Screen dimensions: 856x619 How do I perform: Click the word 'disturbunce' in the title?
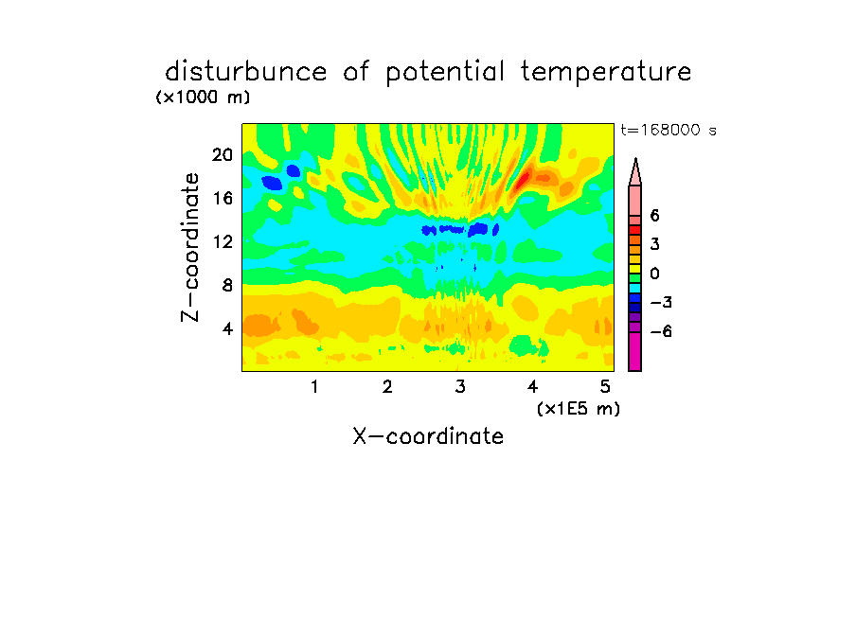tap(245, 72)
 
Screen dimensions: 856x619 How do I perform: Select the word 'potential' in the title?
tap(445, 73)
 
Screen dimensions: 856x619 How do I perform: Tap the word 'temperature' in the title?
tap(606, 72)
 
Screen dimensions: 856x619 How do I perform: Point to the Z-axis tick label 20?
tap(223, 155)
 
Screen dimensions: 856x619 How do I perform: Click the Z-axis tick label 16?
tap(223, 198)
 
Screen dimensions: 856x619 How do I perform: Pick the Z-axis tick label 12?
tap(223, 241)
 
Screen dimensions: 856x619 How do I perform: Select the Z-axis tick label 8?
tap(227, 285)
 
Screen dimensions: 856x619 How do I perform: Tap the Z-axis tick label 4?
tap(227, 328)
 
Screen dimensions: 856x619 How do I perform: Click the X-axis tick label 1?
tap(314, 387)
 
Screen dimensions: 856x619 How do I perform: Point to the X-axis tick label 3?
tap(460, 387)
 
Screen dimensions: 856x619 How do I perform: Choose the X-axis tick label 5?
tap(605, 387)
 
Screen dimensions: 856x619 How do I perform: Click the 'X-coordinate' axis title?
tap(428, 436)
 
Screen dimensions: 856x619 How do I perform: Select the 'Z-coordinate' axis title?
tap(190, 247)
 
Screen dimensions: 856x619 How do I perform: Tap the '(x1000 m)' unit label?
tap(203, 97)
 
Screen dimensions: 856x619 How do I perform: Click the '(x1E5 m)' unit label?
tap(579, 409)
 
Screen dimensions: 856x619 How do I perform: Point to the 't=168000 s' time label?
tap(669, 131)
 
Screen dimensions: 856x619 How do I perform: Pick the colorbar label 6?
tap(654, 216)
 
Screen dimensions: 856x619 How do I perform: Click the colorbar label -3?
tap(661, 303)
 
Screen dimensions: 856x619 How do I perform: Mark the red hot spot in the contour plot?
tap(524, 179)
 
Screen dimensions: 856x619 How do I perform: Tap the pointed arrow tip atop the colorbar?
tap(635, 159)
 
